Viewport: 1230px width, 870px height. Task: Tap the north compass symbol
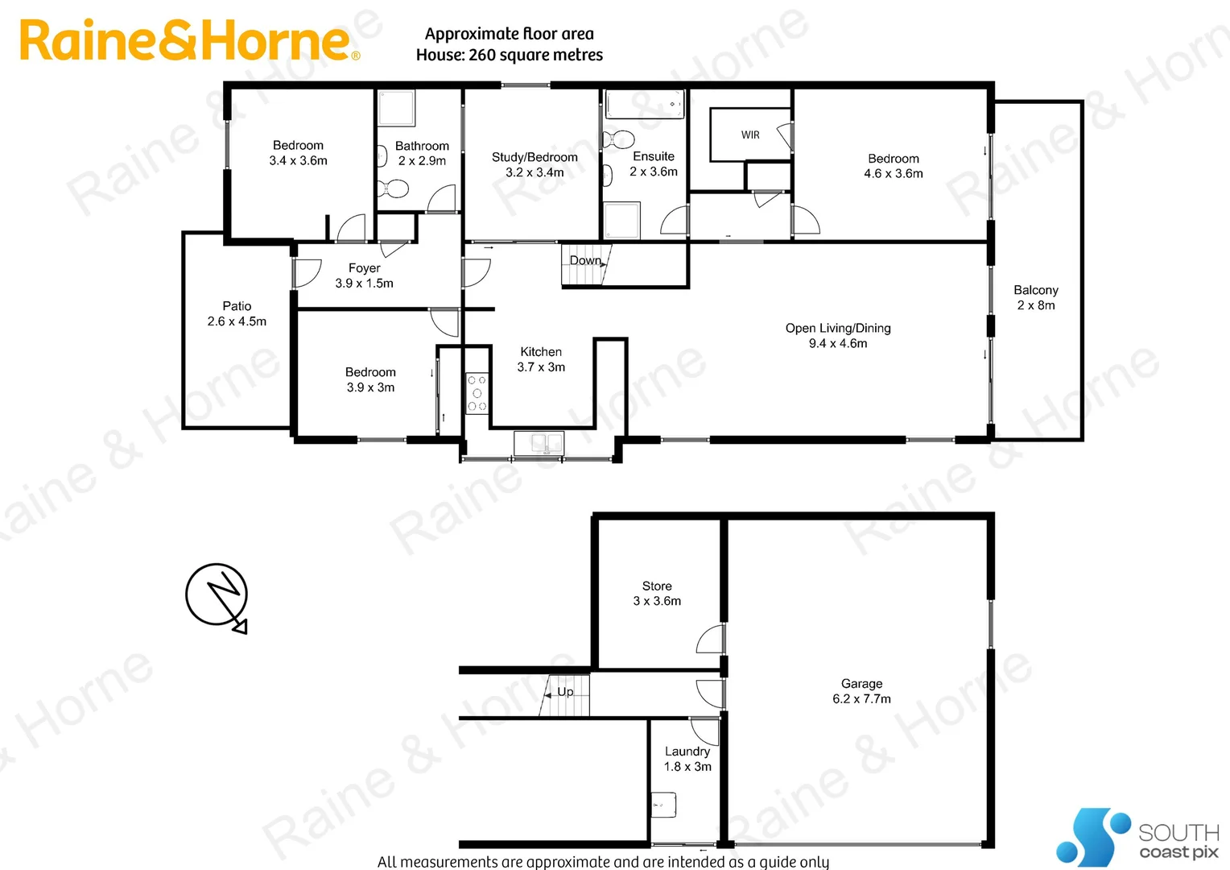tap(217, 596)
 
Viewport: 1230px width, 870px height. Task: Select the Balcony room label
tap(1036, 297)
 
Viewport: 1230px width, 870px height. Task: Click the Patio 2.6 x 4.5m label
tap(237, 313)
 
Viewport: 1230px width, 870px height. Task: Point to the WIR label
tap(750, 135)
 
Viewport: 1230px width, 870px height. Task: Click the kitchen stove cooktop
tap(477, 393)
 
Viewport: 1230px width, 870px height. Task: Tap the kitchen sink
tap(539, 442)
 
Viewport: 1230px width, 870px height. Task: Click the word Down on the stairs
tap(585, 260)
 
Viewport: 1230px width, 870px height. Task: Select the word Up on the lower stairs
tap(566, 692)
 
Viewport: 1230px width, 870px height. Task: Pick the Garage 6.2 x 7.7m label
tap(861, 691)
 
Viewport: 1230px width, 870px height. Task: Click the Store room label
tap(657, 594)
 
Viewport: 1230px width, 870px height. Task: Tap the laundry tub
tap(663, 804)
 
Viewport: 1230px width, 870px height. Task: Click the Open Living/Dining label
tap(838, 335)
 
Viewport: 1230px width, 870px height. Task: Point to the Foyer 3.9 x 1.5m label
tap(364, 275)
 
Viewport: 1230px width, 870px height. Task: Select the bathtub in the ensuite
tap(644, 105)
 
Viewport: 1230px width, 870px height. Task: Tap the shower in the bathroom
tap(396, 108)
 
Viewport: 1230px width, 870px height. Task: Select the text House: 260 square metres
tap(509, 55)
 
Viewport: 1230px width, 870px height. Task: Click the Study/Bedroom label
tap(535, 164)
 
